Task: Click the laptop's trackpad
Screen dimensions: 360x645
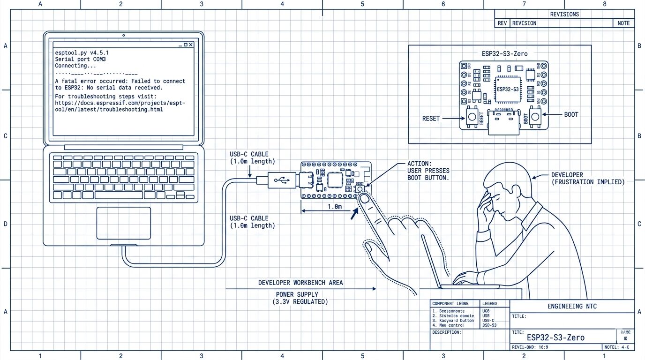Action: coord(124,223)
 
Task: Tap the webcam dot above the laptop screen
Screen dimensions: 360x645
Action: coord(123,35)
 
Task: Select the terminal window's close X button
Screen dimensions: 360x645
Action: coord(191,45)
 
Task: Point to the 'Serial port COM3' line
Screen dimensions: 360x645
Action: coord(80,60)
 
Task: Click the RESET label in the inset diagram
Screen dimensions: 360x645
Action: coord(431,119)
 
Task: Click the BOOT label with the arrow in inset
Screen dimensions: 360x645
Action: coord(571,114)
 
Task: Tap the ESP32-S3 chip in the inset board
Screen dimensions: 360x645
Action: coord(507,89)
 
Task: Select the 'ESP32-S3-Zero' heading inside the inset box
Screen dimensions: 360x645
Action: coord(504,53)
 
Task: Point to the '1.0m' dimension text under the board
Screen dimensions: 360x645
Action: coord(334,206)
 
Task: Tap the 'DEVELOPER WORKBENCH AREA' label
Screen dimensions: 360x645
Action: coord(300,283)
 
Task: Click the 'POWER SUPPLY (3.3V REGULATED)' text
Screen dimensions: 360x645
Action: coord(300,298)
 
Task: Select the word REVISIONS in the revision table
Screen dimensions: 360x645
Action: coord(564,14)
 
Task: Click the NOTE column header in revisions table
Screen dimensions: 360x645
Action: coord(623,23)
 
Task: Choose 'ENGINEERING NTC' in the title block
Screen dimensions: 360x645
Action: coord(572,307)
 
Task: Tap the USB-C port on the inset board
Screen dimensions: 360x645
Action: coord(503,123)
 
